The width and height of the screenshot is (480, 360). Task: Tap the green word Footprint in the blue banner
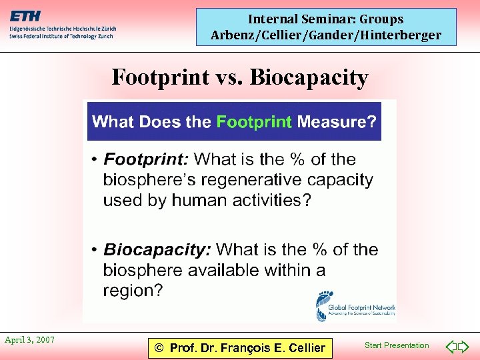point(254,122)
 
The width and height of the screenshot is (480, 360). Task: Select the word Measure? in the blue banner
point(336,122)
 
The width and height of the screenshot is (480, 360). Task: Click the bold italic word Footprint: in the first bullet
point(146,159)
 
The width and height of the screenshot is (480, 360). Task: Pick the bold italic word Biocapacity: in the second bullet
point(157,250)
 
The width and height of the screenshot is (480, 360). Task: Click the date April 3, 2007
point(29,340)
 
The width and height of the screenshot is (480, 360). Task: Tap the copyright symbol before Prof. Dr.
point(159,347)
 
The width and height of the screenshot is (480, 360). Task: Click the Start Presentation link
point(397,345)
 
